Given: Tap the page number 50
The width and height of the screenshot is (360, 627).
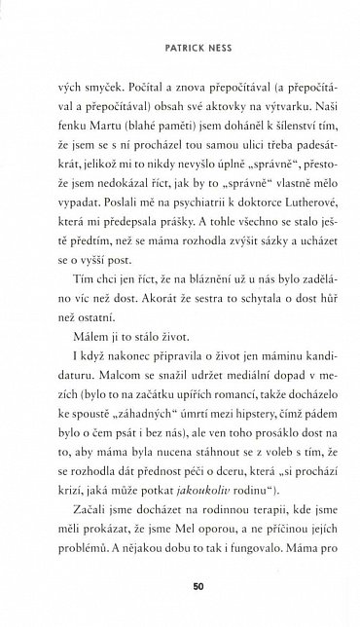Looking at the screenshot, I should (x=181, y=586).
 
